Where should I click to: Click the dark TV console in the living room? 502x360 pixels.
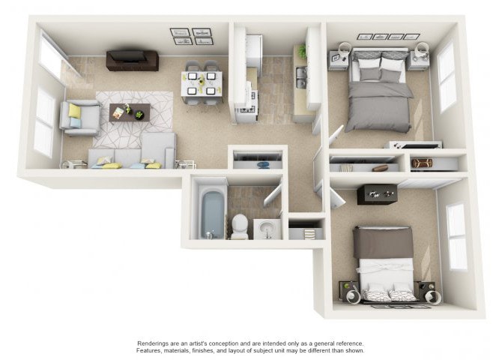132,60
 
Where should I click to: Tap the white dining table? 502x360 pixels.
202,83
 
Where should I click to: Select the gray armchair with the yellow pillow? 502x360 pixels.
80,117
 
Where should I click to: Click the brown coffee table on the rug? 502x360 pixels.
130,112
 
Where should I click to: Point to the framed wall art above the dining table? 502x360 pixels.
191,37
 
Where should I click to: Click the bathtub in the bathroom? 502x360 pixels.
212,212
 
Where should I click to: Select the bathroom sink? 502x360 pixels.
265,229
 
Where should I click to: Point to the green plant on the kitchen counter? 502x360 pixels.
301,51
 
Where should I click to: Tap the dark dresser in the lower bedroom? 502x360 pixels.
377,193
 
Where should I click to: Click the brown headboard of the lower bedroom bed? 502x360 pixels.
383,241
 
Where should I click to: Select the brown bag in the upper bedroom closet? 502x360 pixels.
423,162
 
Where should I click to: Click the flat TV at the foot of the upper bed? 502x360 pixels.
414,144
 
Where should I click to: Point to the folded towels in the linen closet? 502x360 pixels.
306,233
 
